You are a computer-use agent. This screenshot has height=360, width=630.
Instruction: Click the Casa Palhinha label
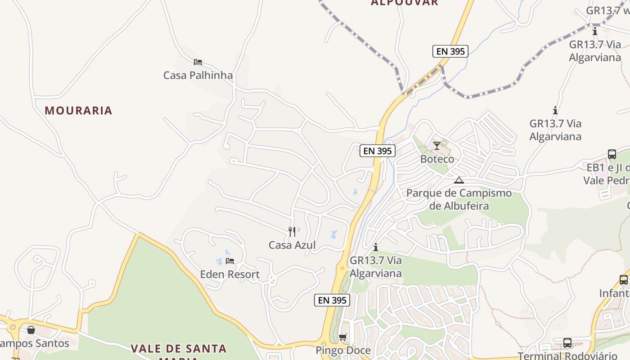[198, 75]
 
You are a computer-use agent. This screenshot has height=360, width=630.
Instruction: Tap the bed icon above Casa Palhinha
[198, 62]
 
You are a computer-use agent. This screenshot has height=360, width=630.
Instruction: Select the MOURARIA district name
[78, 110]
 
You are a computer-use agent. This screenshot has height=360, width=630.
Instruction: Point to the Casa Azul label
[292, 245]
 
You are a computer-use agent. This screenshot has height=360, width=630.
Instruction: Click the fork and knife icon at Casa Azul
[292, 232]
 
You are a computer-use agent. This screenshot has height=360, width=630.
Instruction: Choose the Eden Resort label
[230, 274]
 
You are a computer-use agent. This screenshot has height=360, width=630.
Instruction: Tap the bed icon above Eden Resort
[230, 261]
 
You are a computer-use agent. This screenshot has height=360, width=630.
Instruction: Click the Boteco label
[437, 159]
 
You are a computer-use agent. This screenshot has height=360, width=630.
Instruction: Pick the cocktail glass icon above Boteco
[437, 146]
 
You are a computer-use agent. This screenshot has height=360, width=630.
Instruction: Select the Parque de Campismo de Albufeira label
[459, 199]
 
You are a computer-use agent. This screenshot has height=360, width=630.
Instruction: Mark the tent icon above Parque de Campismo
[459, 180]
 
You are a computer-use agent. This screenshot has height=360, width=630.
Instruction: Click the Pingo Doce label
[343, 350]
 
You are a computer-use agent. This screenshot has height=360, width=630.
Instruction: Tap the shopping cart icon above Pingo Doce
[343, 337]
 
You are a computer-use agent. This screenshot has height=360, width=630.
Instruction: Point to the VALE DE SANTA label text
[179, 348]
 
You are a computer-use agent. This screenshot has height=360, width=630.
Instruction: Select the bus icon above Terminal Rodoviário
[567, 343]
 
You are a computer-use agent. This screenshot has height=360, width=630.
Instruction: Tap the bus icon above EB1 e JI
[612, 154]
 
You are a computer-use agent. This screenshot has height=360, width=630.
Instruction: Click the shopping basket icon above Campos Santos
[31, 330]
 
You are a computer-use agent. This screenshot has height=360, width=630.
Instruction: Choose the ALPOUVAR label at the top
[404, 3]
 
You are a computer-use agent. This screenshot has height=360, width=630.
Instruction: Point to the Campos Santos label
[34, 343]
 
